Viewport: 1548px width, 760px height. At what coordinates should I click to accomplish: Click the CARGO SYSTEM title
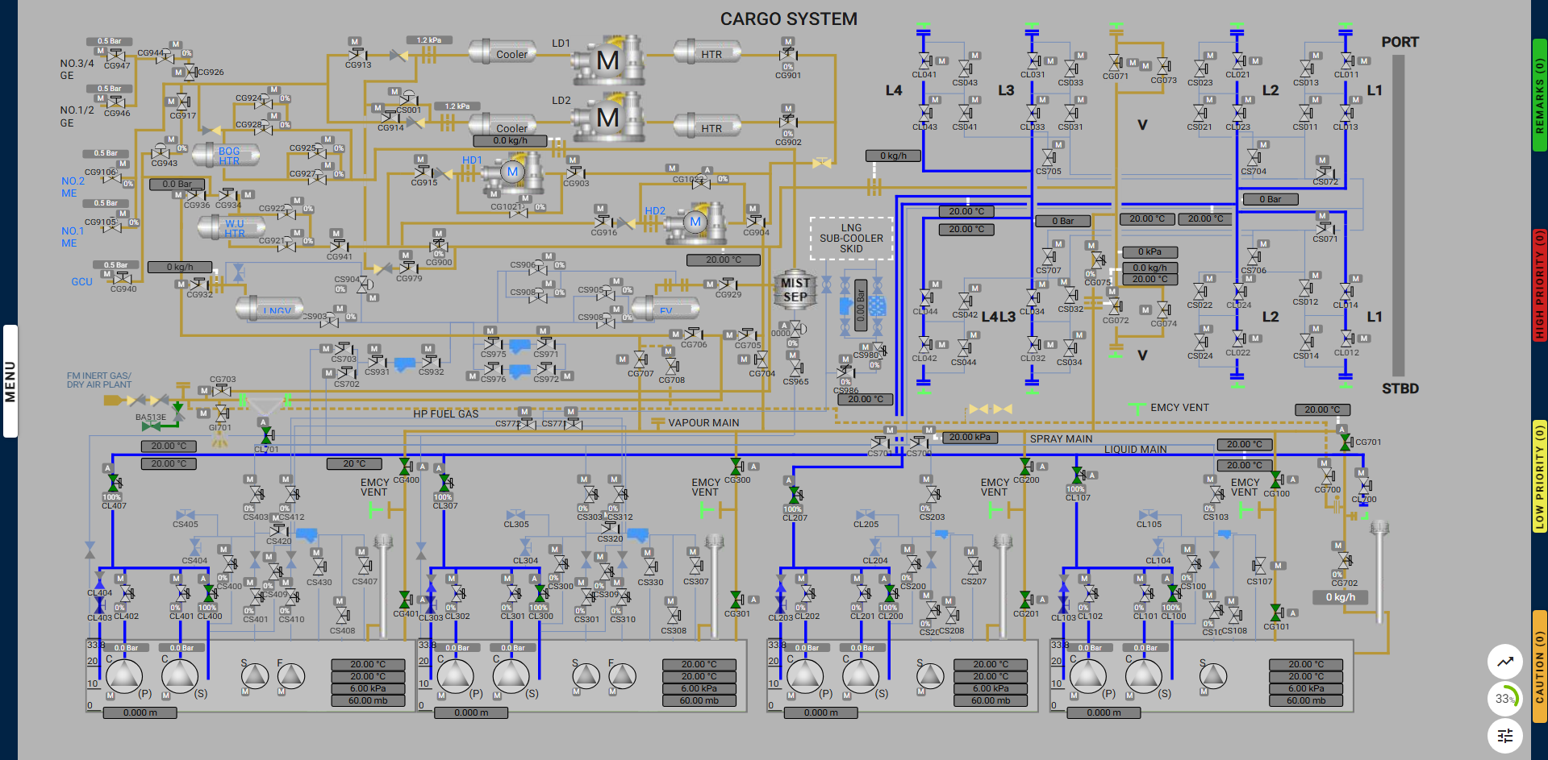tap(788, 19)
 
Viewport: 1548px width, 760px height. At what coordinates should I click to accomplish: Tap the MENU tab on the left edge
tap(10, 381)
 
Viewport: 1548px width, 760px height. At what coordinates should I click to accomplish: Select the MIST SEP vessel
tap(795, 290)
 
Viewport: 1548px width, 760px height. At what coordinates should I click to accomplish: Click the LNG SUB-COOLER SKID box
tap(851, 239)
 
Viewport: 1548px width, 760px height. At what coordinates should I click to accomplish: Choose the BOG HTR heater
tap(228, 156)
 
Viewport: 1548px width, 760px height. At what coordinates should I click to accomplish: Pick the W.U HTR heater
tap(234, 228)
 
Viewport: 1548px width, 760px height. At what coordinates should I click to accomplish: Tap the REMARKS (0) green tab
tap(1539, 95)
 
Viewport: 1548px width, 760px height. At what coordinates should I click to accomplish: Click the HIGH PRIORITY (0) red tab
tap(1539, 284)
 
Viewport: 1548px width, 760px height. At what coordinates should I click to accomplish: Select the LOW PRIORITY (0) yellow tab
tap(1539, 476)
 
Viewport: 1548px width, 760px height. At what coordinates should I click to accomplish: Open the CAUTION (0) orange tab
tap(1539, 666)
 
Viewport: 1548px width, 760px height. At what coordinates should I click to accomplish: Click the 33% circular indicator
tap(1504, 699)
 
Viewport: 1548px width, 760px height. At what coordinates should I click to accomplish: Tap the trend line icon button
tap(1504, 662)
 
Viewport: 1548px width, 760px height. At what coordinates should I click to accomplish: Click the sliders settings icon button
tap(1504, 735)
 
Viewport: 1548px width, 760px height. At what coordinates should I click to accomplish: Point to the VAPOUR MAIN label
tap(703, 422)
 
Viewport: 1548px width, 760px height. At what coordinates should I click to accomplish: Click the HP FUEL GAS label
tap(445, 413)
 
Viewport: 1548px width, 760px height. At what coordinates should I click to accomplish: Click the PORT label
tap(1400, 42)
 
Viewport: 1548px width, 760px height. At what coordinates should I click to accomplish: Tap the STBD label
tap(1400, 388)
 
